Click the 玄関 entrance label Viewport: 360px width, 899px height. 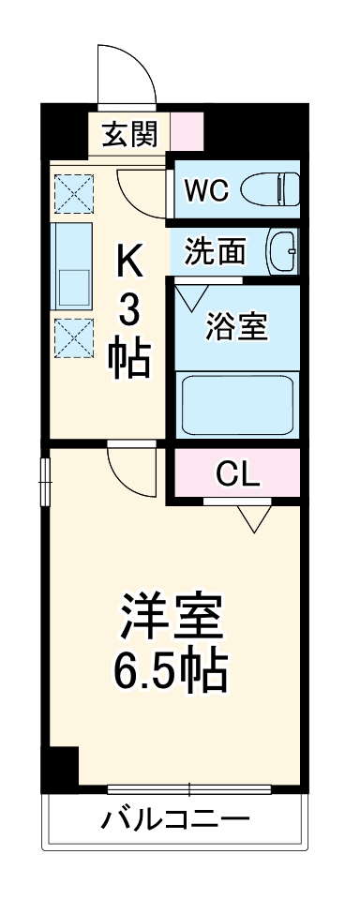point(129,135)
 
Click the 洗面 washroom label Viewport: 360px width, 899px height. point(215,250)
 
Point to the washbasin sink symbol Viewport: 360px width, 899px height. point(281,251)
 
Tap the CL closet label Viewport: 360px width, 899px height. point(237,474)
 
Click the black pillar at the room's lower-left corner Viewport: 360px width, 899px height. point(63,766)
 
